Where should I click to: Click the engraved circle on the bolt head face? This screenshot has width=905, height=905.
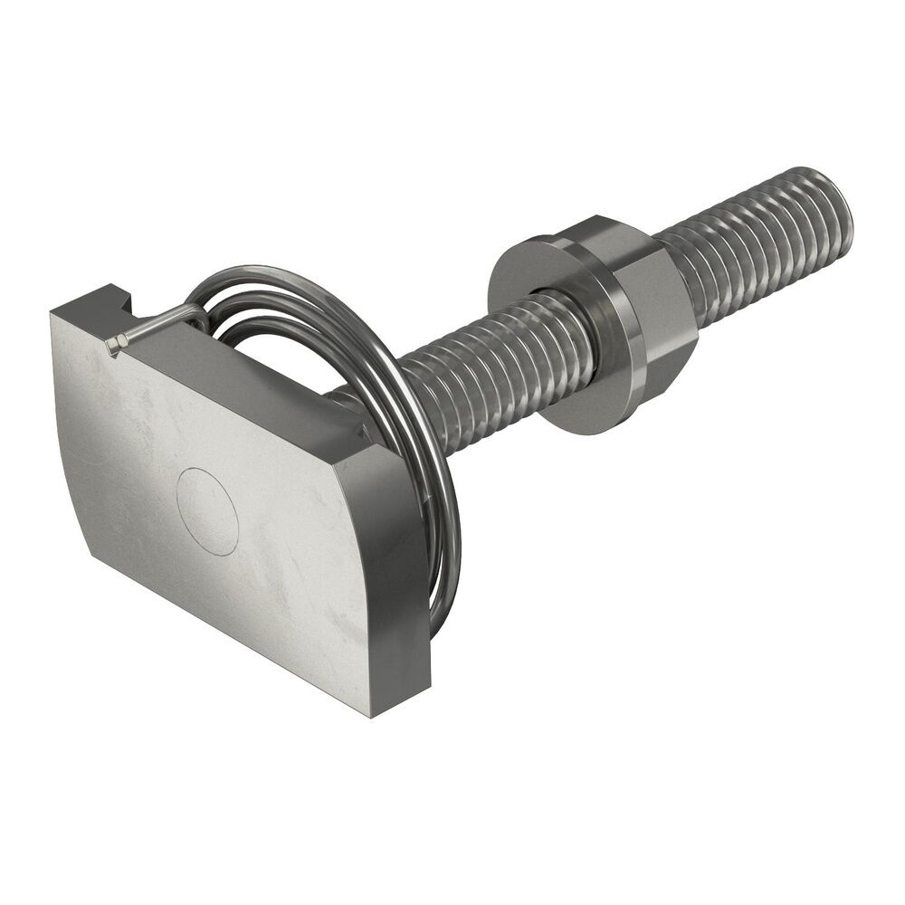[x=207, y=510]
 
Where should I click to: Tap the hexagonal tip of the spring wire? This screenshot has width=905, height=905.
[x=114, y=345]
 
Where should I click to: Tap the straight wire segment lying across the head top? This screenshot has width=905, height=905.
[x=154, y=326]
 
